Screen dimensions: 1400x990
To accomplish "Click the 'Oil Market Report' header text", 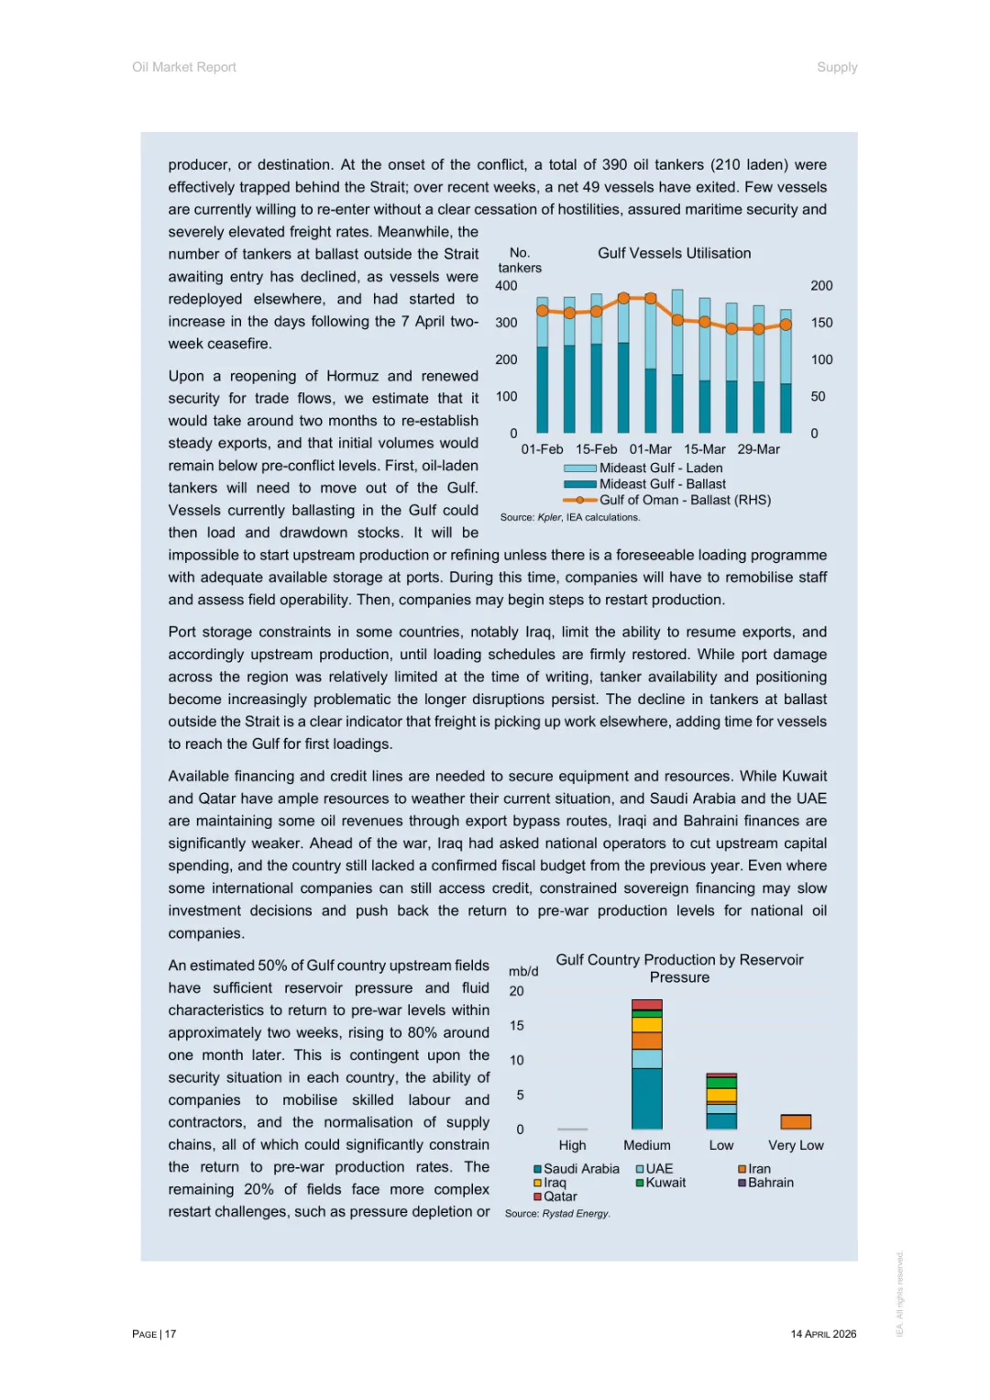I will (x=184, y=67).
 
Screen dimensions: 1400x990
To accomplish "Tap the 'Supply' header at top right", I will (x=837, y=67).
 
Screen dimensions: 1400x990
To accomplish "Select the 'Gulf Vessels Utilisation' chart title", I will (x=674, y=253).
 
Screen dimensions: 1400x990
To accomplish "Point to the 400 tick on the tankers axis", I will (x=506, y=286).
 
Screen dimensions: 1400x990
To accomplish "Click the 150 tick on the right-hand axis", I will (x=821, y=323).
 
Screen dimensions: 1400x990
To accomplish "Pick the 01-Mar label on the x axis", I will (x=650, y=449).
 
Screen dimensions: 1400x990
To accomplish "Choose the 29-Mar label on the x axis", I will (x=758, y=449).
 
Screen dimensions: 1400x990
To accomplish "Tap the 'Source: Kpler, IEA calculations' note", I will (x=569, y=517).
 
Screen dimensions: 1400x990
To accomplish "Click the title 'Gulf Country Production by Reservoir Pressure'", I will (x=679, y=968).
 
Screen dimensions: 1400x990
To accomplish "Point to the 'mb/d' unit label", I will (x=523, y=971).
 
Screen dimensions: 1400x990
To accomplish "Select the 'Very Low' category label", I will (x=796, y=1145).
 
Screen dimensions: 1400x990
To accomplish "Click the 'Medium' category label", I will (x=647, y=1145).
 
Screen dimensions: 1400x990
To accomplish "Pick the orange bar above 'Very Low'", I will (x=796, y=1121).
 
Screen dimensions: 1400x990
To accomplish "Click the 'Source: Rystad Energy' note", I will (x=556, y=1213).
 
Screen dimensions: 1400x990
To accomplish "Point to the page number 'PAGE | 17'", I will (x=154, y=1334).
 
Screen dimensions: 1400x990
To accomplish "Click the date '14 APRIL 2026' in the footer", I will (x=823, y=1334).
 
